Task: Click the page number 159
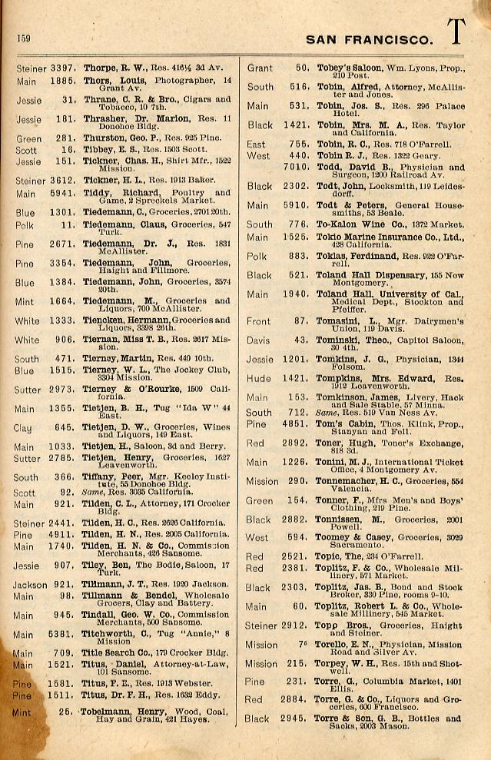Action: [x=23, y=38]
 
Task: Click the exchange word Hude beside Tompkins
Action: [x=258, y=378]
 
